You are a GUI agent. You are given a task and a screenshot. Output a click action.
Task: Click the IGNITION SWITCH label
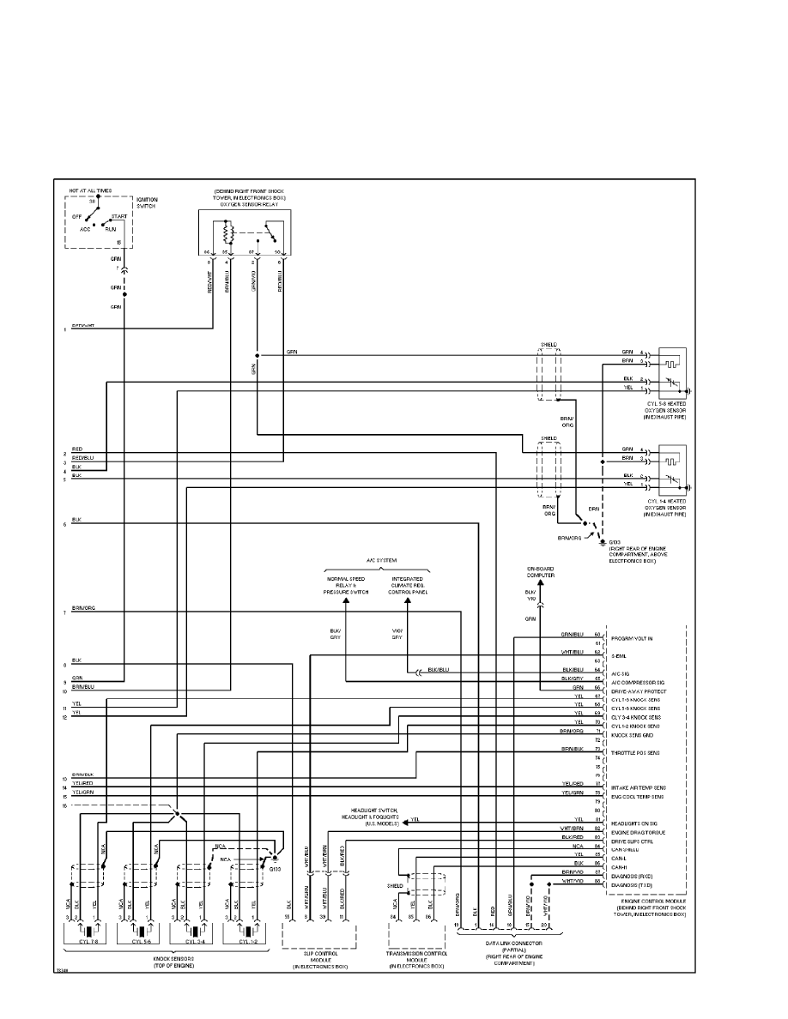pos(147,203)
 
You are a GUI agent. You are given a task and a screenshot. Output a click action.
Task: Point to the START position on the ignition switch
pos(119,216)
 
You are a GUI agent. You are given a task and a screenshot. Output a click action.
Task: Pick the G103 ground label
pos(615,543)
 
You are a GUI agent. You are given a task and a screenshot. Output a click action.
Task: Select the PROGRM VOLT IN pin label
pos(631,639)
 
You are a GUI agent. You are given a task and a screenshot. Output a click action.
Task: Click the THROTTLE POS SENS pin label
pos(635,752)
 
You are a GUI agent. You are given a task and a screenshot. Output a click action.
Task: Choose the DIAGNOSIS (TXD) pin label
pos(632,884)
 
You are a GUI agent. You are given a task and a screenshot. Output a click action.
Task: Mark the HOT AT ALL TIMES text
pos(89,190)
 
